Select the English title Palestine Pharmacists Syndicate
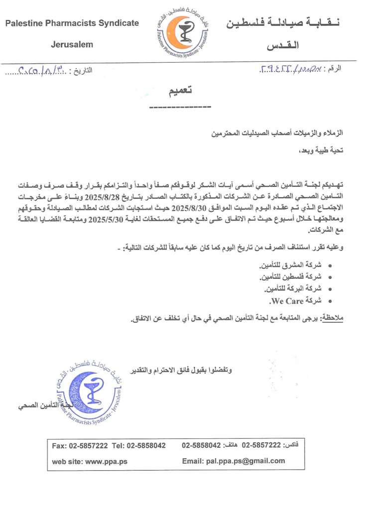coord(73,23)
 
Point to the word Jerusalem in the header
coord(72,44)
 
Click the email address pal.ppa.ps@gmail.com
coord(246,461)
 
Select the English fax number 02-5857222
coord(87,446)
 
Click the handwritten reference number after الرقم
coord(289,69)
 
